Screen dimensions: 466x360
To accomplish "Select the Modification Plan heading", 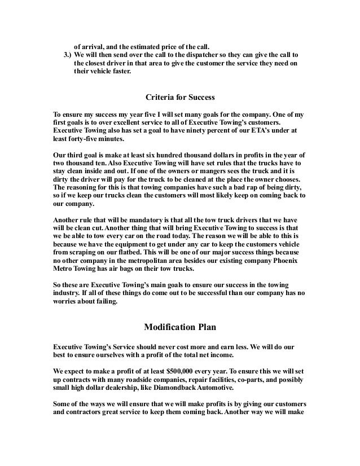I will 180,327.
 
